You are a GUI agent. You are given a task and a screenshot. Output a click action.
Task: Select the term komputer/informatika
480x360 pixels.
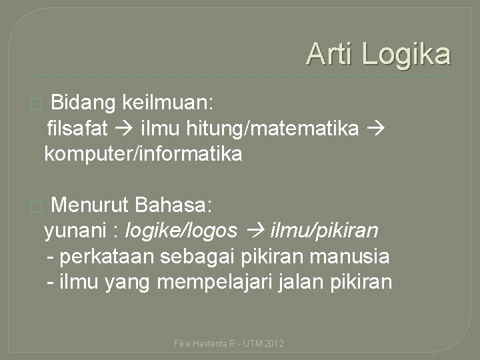point(143,155)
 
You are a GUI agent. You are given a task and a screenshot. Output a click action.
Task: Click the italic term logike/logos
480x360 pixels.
point(181,231)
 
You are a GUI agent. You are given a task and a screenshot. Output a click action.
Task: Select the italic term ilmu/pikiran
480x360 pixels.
point(324,231)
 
